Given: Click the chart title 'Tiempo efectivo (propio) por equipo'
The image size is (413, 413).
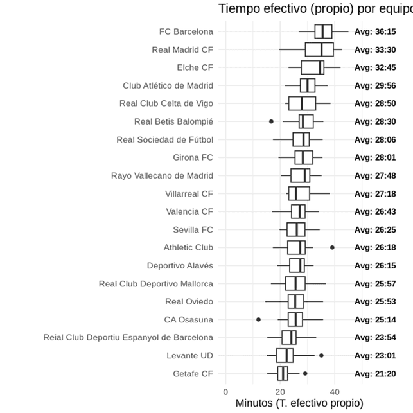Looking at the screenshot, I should point(315,8).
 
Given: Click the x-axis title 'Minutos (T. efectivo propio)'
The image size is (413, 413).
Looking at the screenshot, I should point(299,403).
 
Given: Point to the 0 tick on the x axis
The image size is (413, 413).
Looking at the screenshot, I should point(225,392).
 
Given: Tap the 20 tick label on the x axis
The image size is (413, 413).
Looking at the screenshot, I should point(280,392).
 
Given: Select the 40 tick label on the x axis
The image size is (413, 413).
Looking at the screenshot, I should point(335,392).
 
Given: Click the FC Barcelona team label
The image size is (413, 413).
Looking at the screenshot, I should point(186,31).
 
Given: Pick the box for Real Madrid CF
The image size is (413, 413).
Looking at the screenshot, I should point(319,49).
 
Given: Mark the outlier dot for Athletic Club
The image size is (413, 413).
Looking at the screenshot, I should point(332,247).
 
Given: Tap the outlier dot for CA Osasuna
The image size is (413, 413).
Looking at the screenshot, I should point(258,319).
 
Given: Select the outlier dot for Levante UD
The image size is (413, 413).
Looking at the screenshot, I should point(321,355).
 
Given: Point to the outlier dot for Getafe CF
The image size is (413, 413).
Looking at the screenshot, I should point(305,373).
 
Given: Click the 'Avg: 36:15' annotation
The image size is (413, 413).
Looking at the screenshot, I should point(375,31).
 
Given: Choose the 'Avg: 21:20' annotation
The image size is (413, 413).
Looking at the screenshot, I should point(375,373).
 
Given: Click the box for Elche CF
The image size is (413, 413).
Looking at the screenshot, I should point(313,67).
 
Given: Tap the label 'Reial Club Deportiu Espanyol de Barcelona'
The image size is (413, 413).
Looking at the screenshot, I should point(128,337).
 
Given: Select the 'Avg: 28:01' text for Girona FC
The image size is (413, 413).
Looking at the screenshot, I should point(375,157).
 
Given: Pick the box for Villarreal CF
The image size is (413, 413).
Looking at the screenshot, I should point(299,193).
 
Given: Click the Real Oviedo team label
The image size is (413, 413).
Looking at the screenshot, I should point(189,301).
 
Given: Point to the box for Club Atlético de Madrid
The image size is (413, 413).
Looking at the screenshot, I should point(308,85).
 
